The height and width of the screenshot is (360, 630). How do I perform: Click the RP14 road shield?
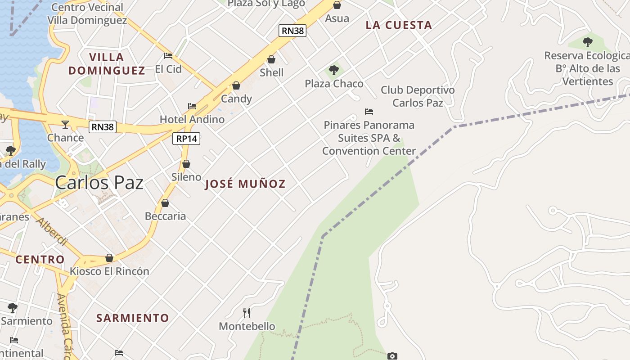click(x=186, y=139)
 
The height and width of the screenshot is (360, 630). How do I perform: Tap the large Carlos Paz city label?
click(x=99, y=183)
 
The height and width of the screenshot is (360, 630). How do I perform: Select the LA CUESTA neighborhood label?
click(x=399, y=25)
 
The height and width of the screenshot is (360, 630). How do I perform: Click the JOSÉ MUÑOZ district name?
click(x=245, y=184)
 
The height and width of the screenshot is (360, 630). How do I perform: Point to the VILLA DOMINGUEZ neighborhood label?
click(x=107, y=63)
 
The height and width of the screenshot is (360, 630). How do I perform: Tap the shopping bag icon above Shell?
click(x=271, y=59)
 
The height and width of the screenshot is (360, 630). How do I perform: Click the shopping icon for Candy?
click(x=236, y=85)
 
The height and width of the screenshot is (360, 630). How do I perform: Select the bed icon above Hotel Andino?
click(x=192, y=106)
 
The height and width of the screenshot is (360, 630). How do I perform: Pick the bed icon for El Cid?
click(x=168, y=56)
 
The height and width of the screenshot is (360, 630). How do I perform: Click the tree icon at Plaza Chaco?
click(x=334, y=70)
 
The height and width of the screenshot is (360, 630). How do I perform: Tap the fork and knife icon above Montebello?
click(x=247, y=313)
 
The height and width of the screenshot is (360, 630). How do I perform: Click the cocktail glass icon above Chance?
click(x=65, y=124)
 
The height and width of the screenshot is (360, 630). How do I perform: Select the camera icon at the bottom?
click(x=392, y=356)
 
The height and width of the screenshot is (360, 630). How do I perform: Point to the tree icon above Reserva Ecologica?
click(x=587, y=42)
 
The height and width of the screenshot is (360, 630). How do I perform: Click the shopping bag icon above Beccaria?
click(x=165, y=203)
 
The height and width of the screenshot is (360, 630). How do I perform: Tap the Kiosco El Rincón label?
click(x=109, y=271)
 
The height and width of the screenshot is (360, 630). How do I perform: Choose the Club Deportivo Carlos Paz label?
click(x=418, y=96)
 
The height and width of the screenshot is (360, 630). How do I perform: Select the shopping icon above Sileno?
click(x=186, y=164)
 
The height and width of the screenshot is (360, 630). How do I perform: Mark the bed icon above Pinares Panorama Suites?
click(x=369, y=112)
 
